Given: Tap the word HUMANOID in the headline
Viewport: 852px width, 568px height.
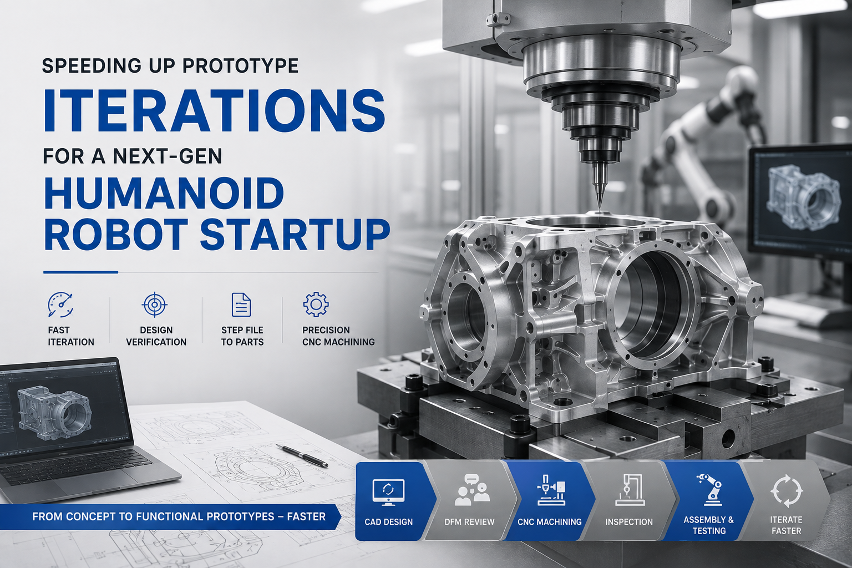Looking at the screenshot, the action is click(164, 192).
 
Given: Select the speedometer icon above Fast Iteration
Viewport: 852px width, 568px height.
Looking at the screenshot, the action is click(60, 305).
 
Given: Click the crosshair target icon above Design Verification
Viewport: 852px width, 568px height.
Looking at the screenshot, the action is click(154, 305).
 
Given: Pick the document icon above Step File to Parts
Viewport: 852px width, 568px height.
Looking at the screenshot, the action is click(241, 305).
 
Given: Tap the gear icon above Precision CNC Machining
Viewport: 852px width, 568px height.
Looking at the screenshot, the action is click(316, 305).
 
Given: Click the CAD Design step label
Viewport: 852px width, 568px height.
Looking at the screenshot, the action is click(388, 521).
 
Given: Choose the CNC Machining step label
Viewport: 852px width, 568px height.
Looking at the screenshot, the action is click(550, 521).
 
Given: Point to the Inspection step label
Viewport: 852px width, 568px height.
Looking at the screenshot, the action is click(628, 521).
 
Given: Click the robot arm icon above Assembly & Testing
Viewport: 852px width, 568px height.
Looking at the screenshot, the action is click(708, 489).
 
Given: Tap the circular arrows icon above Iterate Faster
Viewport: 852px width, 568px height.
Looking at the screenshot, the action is click(786, 491).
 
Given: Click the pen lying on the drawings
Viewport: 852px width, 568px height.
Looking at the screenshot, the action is click(302, 455).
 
